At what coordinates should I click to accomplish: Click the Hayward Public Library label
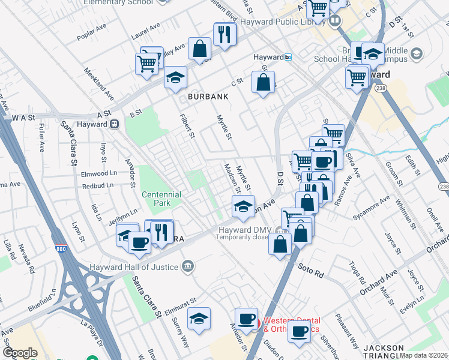[x=282, y=22]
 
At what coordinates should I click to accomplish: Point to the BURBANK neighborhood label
[x=208, y=97]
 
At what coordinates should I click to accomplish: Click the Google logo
[x=20, y=353]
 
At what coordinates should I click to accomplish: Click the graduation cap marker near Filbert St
[x=175, y=77]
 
